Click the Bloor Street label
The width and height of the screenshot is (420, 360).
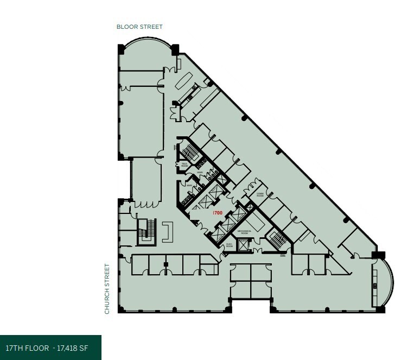click(139, 27)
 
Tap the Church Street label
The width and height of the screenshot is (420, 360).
click(107, 288)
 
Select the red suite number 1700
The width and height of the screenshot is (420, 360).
click(218, 213)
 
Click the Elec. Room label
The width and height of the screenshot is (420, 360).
click(230, 245)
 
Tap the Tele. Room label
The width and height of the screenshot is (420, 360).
click(184, 163)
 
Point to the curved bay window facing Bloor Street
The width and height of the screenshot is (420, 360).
click(147, 46)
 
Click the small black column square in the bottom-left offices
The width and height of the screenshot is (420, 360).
click(166, 264)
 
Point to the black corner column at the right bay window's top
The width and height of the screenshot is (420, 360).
click(378, 254)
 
